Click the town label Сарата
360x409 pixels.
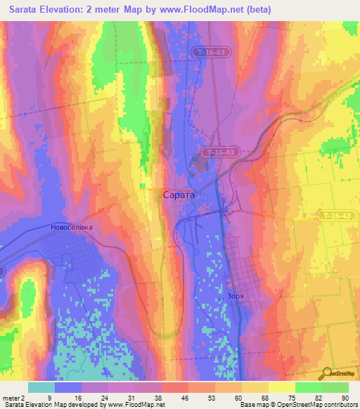point(179,195)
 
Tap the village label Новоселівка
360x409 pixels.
point(72,228)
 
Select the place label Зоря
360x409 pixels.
point(236,296)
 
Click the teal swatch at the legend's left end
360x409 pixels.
point(41,387)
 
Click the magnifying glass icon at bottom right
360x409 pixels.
point(327,372)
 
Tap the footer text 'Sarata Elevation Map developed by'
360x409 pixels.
point(53,405)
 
